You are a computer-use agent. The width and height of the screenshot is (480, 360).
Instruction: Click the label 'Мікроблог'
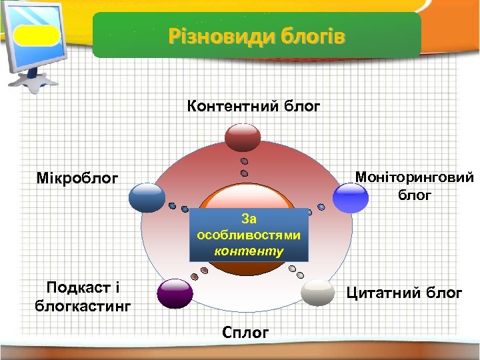78,179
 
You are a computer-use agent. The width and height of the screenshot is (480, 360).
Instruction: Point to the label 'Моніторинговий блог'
415,186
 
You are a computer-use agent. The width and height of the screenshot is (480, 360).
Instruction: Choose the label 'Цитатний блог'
403,293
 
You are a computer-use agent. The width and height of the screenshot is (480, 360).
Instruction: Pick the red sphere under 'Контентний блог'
246,137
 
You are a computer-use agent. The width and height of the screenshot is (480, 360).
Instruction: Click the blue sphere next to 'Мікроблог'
147,197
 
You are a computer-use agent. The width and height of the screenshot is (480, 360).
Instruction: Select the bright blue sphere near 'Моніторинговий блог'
350,197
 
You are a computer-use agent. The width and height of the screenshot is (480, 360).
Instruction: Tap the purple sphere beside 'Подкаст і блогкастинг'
175,293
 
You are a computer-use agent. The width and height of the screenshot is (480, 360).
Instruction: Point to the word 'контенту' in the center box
249,252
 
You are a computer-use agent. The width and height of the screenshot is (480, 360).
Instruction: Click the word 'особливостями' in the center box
249,235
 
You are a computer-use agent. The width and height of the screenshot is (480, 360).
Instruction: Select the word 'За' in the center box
249,218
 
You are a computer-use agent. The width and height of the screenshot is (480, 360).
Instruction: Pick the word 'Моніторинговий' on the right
415,177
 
